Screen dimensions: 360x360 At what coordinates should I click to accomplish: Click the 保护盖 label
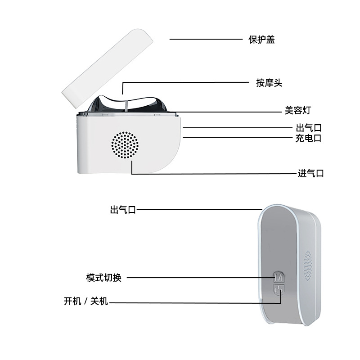tap(261, 40)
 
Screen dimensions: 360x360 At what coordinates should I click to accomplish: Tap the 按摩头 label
tap(269, 83)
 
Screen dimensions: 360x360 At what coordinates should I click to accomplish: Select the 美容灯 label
tap(297, 110)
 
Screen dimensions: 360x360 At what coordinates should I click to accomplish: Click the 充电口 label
tap(308, 138)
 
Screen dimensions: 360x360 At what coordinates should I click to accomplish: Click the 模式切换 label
tap(104, 278)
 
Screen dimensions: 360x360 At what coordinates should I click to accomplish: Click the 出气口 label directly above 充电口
tap(308, 128)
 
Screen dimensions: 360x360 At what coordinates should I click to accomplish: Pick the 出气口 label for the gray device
tap(123, 210)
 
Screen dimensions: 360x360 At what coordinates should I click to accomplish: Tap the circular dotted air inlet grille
tap(125, 145)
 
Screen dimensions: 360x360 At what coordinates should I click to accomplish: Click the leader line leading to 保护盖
tap(206, 39)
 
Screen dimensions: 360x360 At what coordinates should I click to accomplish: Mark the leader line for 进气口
tap(211, 173)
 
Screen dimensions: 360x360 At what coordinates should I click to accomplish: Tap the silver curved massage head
tap(127, 104)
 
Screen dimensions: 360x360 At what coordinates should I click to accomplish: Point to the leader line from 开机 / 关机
tap(189, 302)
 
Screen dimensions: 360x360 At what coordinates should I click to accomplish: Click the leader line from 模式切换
tap(198, 278)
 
